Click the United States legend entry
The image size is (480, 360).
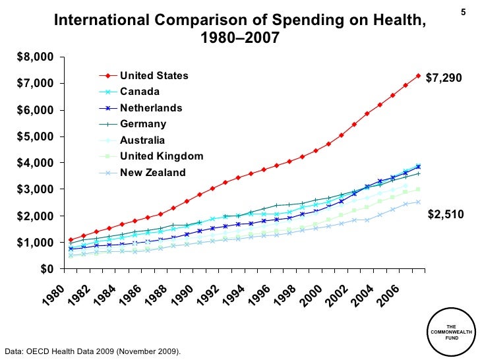(154, 76)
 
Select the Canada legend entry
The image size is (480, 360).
(138, 92)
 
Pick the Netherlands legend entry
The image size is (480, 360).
(151, 107)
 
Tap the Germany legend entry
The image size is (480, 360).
(143, 123)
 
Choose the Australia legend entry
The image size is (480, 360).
(142, 140)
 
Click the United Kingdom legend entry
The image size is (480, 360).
(162, 156)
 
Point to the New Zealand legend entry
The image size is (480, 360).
(152, 173)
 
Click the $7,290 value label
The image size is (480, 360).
(444, 78)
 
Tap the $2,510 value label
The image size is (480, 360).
(446, 214)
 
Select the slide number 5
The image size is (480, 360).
(461, 13)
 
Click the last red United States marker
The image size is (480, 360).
(418, 75)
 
